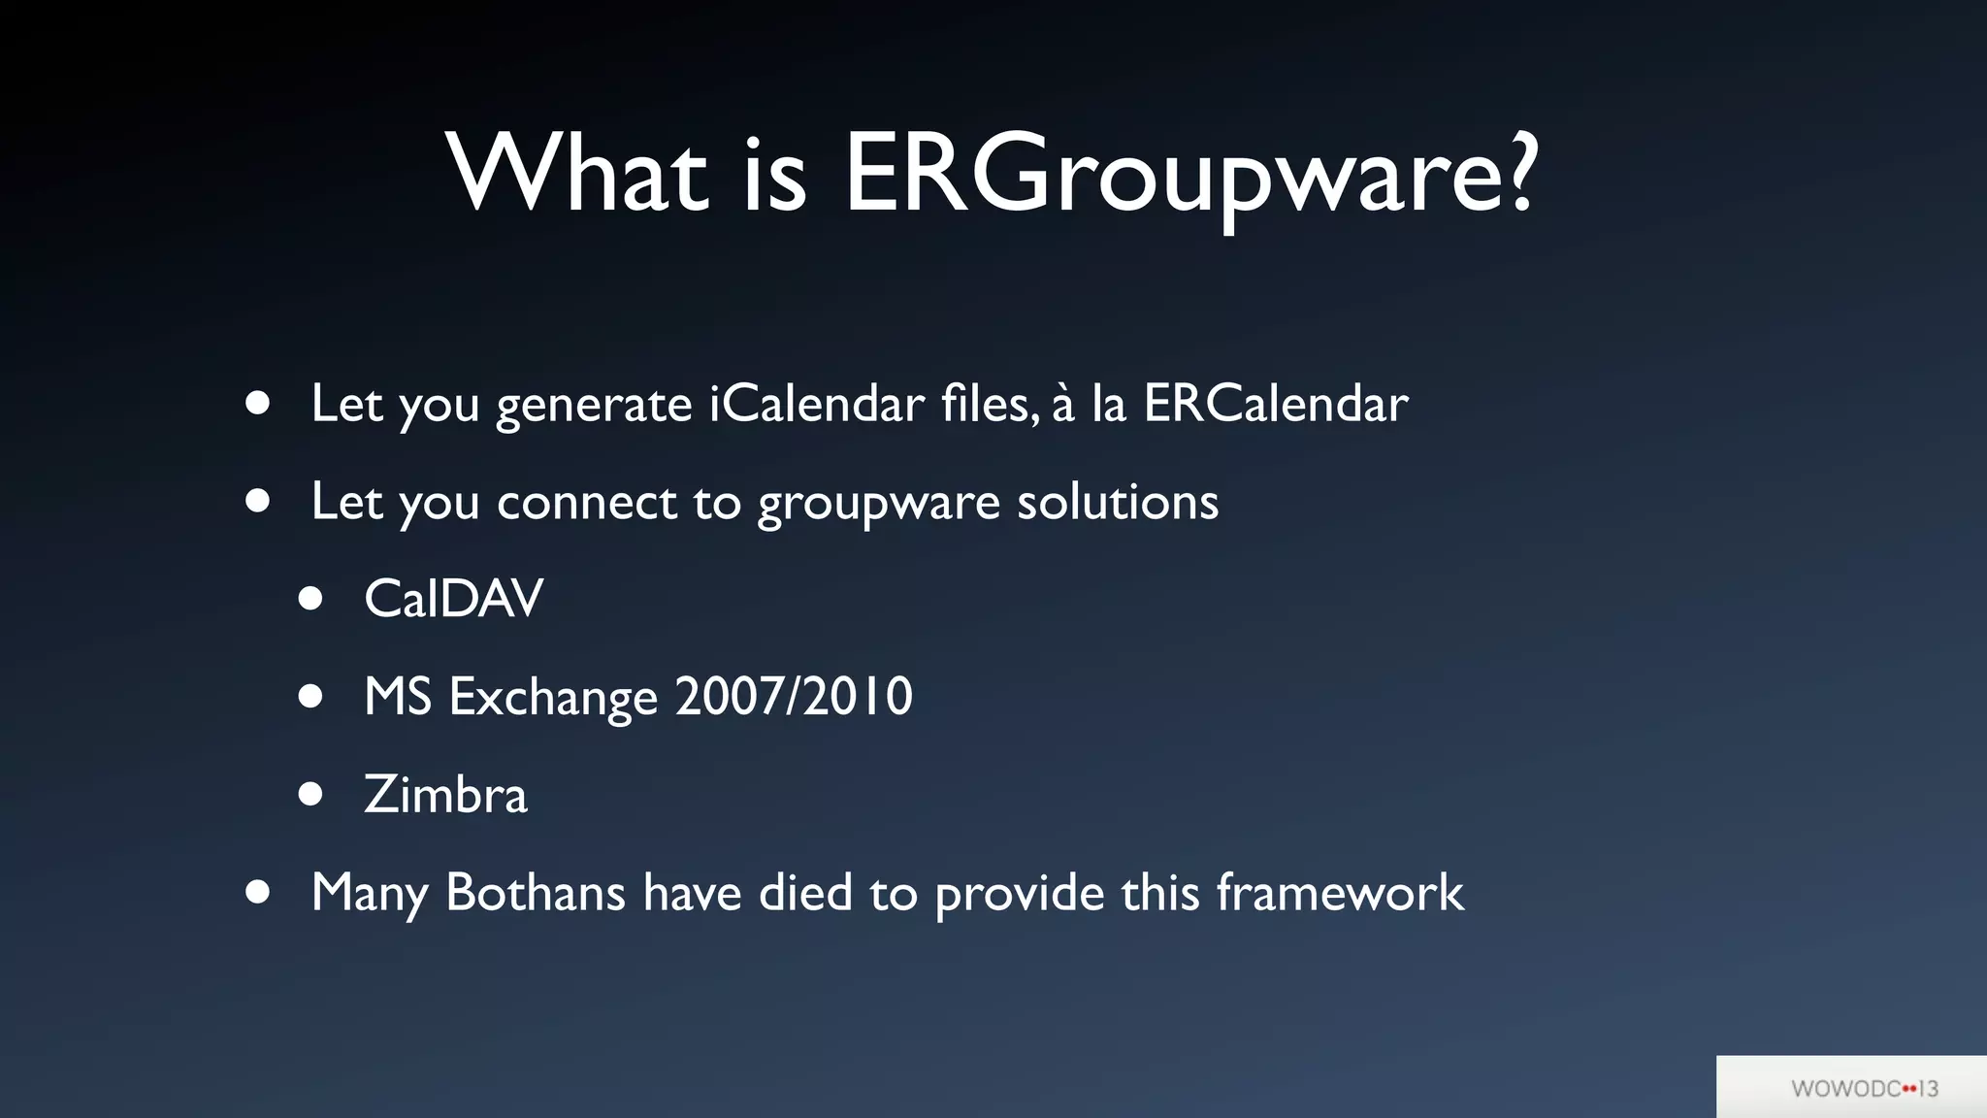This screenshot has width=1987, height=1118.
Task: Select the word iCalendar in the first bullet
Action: tap(816, 404)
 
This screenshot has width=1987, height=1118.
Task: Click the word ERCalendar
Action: tap(1275, 404)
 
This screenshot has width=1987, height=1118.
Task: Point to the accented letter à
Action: tap(1063, 404)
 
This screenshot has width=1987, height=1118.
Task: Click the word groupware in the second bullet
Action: tap(878, 504)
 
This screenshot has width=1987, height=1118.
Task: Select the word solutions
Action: tap(1117, 502)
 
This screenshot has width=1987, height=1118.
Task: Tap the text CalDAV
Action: tap(453, 599)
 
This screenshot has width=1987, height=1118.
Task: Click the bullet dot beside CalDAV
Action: tap(310, 599)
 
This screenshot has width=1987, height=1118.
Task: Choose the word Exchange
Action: tap(553, 698)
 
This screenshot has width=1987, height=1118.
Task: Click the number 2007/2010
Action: tap(794, 697)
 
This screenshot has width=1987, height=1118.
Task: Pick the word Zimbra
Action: tap(445, 795)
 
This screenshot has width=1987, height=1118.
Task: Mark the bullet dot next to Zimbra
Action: tap(310, 795)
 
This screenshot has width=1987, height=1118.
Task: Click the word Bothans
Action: tap(535, 892)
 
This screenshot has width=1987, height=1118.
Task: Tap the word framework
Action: tap(1340, 892)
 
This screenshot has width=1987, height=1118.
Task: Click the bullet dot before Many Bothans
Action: tap(257, 892)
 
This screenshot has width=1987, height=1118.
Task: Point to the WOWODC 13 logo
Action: tap(1864, 1089)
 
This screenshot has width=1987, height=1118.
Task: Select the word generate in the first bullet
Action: tap(594, 406)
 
